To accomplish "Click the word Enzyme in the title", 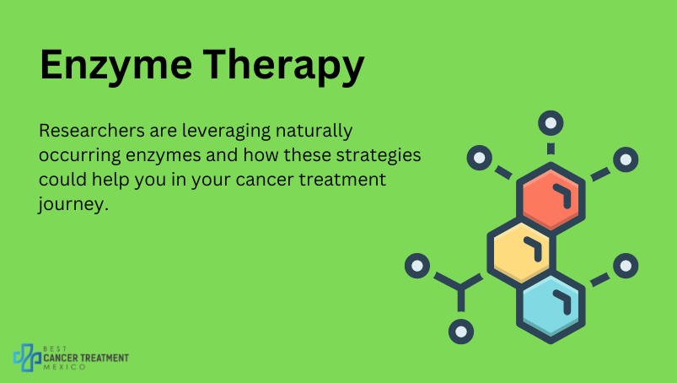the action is point(116,66).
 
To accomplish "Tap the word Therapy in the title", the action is point(283,65).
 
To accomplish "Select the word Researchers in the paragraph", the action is point(92,131).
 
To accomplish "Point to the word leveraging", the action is point(226,132).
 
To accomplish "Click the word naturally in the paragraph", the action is point(314,132).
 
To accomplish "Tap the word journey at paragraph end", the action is point(73,204).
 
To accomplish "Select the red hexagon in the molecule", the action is point(551,198).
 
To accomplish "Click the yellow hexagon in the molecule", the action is point(521,252).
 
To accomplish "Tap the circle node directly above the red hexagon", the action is point(551,123).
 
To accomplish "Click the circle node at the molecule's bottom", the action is point(461,332).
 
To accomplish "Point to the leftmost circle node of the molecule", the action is point(417,266).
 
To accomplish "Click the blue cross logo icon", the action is point(27,358).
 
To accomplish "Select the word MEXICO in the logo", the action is point(65,367).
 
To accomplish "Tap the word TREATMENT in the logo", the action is point(105,358).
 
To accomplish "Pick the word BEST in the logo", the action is point(56,349).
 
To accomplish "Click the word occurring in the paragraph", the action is point(80,156).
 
